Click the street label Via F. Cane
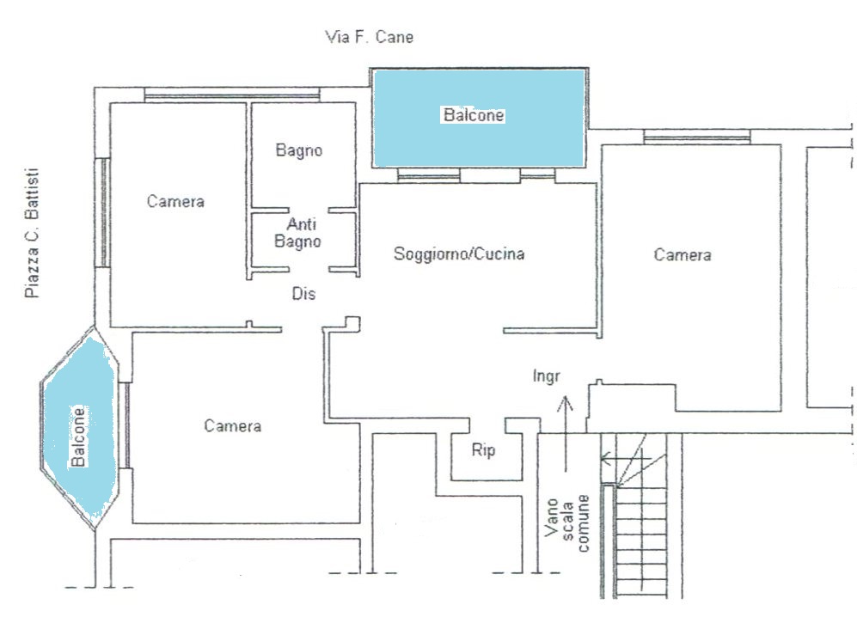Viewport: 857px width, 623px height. pos(369,37)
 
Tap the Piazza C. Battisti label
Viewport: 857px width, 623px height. pos(33,233)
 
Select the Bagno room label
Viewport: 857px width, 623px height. pos(298,150)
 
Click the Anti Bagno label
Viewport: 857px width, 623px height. pos(298,233)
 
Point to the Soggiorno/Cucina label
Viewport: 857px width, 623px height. pos(459,253)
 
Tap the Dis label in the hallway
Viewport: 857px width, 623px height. pos(303,294)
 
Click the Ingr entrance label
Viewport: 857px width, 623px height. pos(546,376)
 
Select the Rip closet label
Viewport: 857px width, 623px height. pos(483,449)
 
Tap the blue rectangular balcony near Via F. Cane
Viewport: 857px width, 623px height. pos(478,118)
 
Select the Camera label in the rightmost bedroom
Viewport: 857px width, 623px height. pos(683,254)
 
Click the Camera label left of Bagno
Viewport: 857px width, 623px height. pos(175,201)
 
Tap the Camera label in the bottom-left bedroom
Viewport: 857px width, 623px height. pos(233,425)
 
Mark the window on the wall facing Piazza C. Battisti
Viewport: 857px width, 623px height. pos(102,212)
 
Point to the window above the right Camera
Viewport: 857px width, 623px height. pos(697,137)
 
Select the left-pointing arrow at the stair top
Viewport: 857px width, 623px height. pos(626,458)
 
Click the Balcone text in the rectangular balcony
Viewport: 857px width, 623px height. pos(474,115)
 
